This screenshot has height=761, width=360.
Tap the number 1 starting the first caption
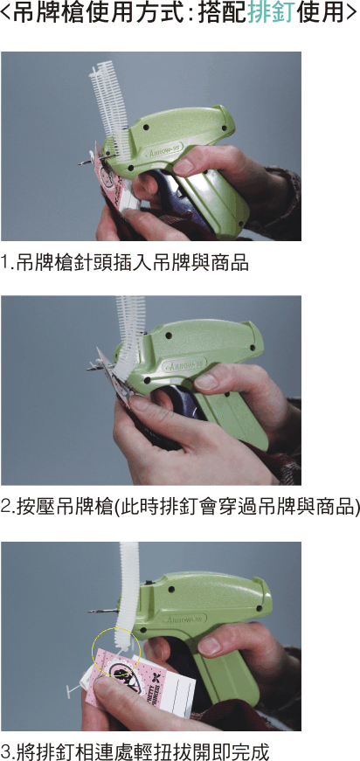(6, 263)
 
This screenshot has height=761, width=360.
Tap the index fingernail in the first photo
(183, 167)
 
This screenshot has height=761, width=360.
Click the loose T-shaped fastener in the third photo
(73, 688)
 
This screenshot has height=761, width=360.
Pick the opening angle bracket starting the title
(5, 14)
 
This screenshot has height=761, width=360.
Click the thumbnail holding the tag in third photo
(103, 684)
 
